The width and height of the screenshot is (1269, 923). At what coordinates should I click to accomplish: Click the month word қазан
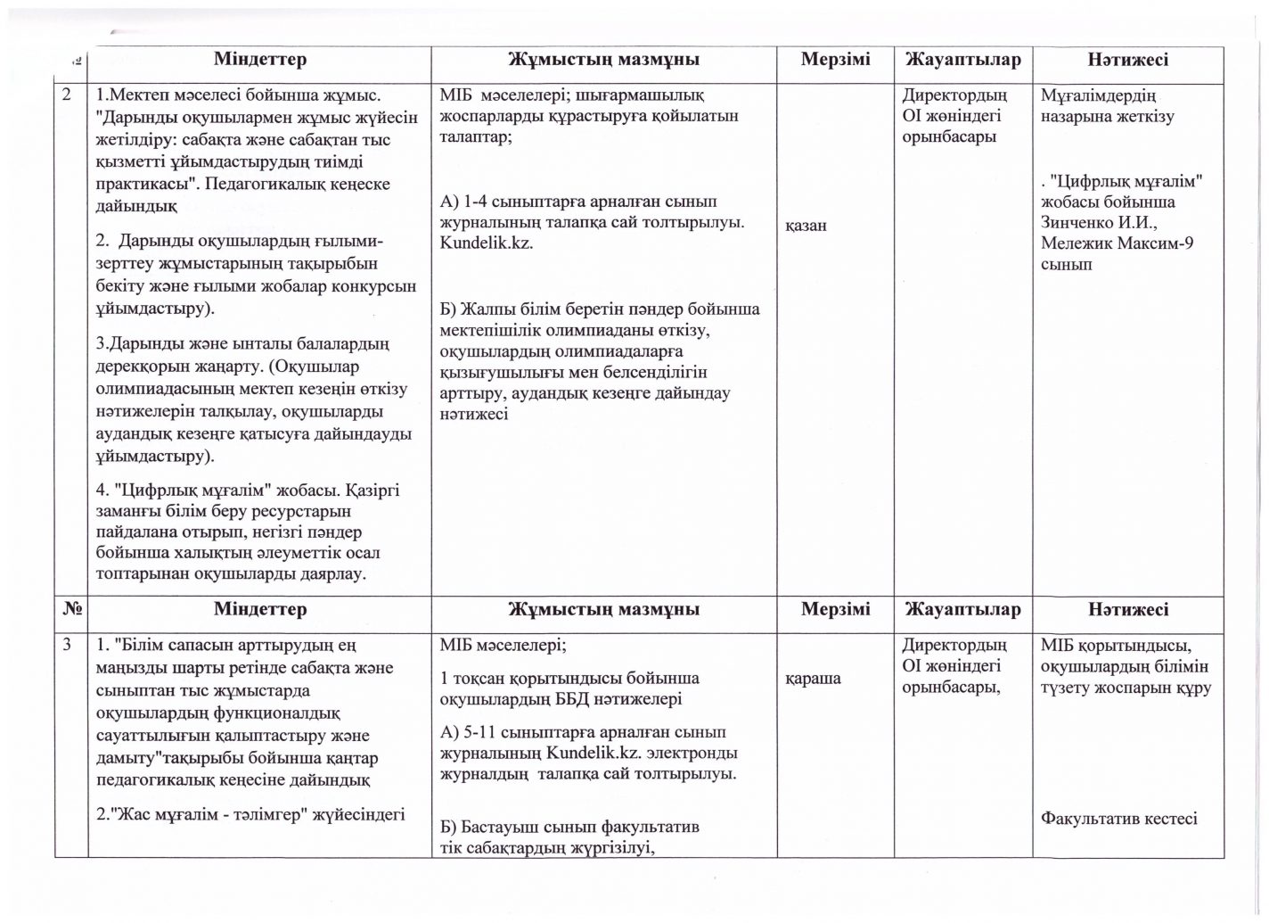pos(806,226)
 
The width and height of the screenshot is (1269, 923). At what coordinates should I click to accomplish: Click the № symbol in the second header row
pos(73,610)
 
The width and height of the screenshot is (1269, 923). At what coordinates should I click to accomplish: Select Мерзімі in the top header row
pos(835,60)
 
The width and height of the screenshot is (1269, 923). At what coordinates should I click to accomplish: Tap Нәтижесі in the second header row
pos(1127,610)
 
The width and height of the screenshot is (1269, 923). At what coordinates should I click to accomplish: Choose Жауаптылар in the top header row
pos(962,60)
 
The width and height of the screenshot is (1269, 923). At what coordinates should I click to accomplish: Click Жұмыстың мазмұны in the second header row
pos(603,610)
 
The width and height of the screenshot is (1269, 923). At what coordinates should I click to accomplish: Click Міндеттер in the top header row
pos(259,60)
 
